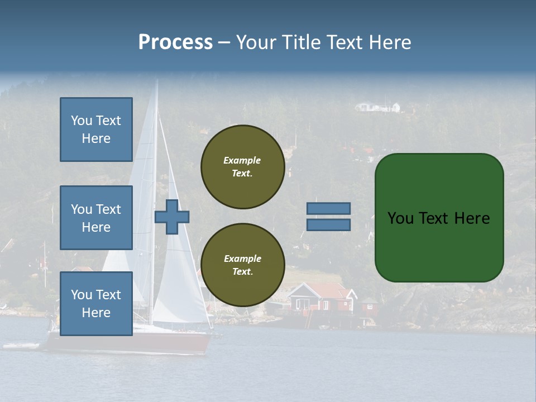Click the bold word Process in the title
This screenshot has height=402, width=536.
175,42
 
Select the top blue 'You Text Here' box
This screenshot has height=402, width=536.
96,130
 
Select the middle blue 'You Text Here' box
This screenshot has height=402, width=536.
96,218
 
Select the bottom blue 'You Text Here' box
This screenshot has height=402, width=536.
96,303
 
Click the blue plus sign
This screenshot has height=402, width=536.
172,217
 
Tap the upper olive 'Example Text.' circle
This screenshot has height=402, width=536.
242,167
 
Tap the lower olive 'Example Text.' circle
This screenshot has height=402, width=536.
242,265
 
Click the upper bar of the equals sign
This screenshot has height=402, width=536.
328,208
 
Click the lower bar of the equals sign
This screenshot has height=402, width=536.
328,224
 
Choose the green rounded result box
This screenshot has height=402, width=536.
439,218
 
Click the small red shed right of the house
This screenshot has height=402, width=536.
368,305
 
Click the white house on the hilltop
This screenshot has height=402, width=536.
379,107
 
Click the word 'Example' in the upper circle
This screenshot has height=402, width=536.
242,160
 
